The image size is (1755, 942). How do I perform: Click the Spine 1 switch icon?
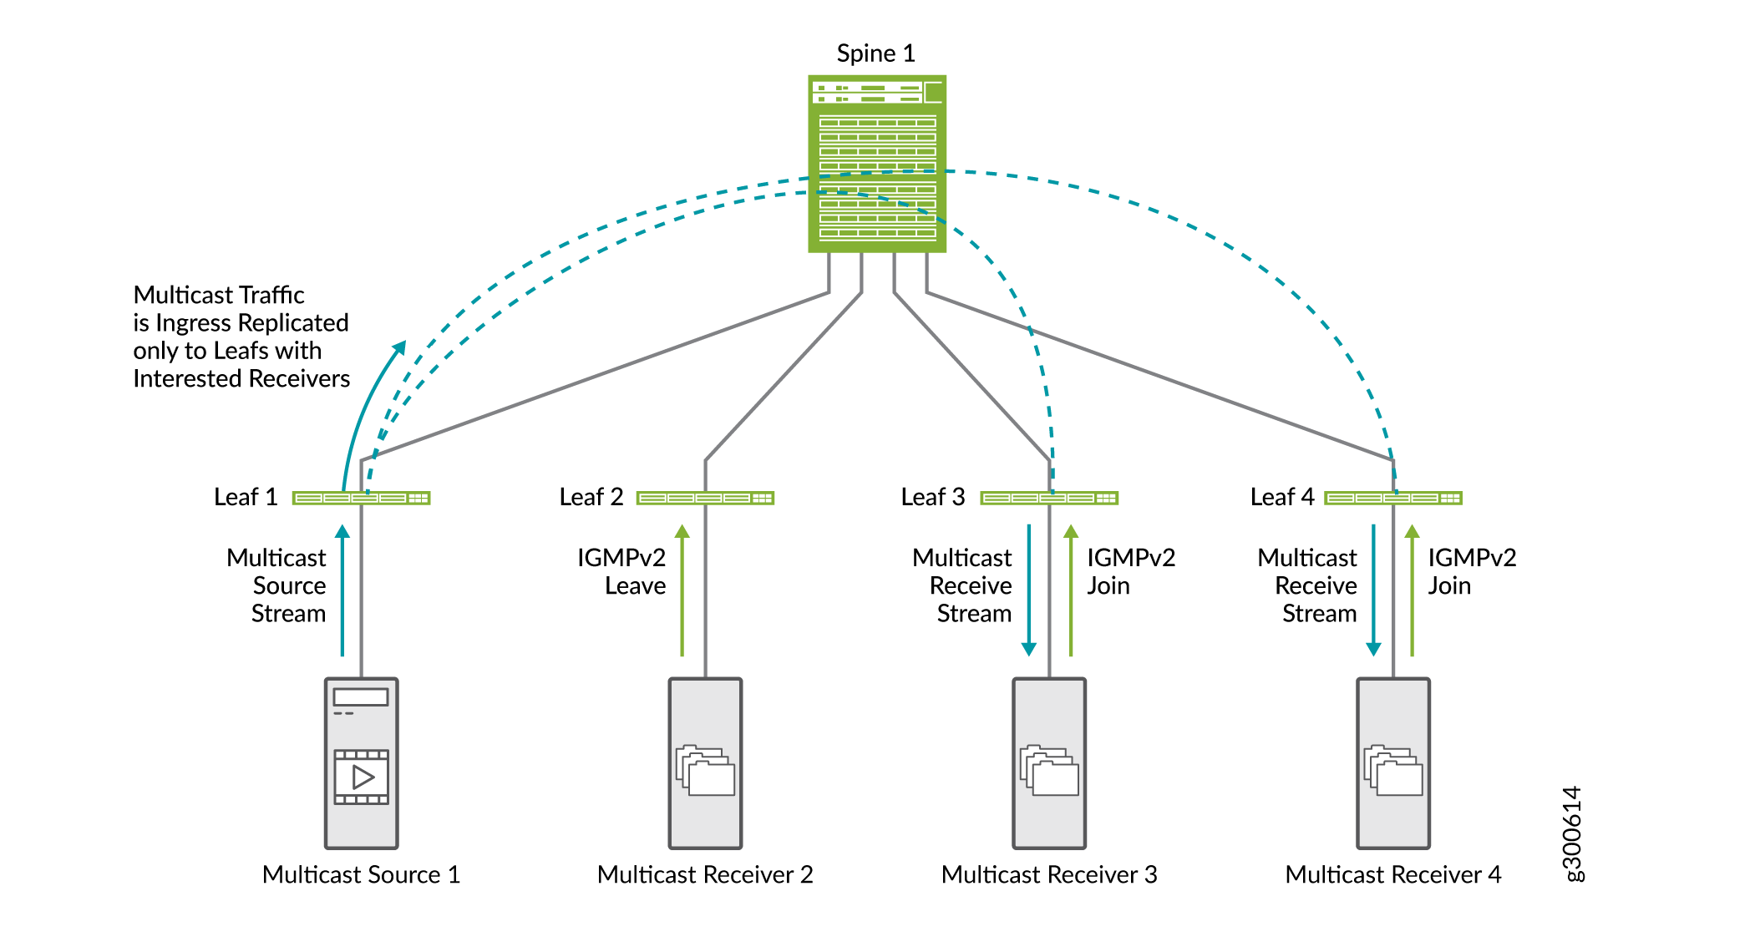coord(876,164)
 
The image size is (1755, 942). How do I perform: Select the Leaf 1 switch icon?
coord(361,499)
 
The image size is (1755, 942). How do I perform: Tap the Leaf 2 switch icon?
coord(705,499)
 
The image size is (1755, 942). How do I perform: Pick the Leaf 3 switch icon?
coord(1049,499)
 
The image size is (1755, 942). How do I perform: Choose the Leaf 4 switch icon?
coord(1393,499)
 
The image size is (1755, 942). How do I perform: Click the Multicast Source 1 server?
coord(361,762)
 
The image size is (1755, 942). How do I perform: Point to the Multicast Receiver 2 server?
coord(705,762)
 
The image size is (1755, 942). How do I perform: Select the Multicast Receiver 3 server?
coord(1049,762)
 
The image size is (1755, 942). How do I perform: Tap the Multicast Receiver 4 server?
coord(1393,762)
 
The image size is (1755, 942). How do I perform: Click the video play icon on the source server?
coord(362,777)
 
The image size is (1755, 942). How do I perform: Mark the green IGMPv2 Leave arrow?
coord(682,590)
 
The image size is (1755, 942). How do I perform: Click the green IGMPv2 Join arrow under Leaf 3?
coord(1071,590)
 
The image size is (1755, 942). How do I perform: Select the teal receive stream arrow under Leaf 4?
coord(1373,590)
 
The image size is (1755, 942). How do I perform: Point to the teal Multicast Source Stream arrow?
coord(342,590)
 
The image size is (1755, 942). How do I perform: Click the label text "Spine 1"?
coord(875,53)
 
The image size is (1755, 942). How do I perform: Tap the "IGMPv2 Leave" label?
coord(621,571)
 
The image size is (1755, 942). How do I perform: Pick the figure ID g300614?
coord(1572,833)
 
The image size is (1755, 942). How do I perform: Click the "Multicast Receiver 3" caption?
coord(1049,874)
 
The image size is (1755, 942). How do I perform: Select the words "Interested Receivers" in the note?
coord(241,379)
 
